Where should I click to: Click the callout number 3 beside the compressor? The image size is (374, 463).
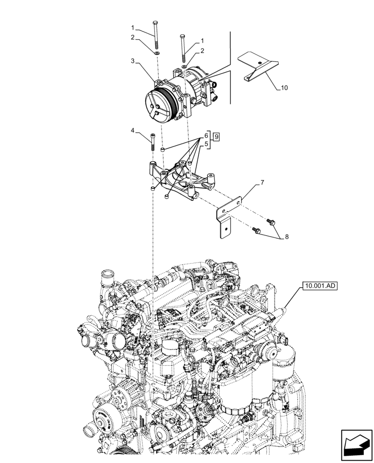132,61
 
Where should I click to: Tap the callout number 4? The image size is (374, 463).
132,131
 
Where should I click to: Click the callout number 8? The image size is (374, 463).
287,237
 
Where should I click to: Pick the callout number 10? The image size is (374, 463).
284,88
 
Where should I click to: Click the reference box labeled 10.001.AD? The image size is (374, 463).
319,286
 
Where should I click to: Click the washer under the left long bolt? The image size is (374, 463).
157,54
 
